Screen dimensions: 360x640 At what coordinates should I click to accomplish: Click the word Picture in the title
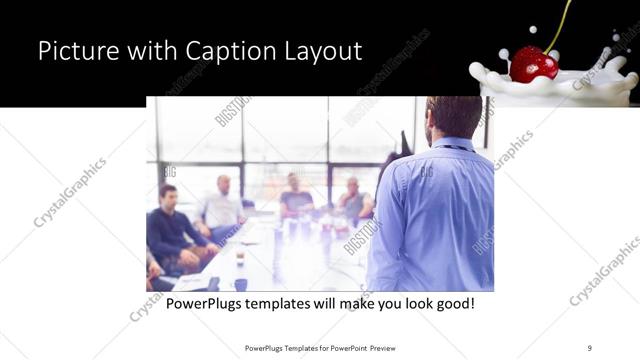point(75,51)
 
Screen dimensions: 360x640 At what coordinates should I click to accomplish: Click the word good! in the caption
point(453,302)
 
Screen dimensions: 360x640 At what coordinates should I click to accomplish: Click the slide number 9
point(589,347)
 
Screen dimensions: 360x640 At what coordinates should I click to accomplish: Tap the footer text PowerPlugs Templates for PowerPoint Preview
point(319,347)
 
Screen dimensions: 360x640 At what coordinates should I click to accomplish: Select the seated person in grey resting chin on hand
point(353,201)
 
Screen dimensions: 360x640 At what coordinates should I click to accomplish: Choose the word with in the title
point(145,51)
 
